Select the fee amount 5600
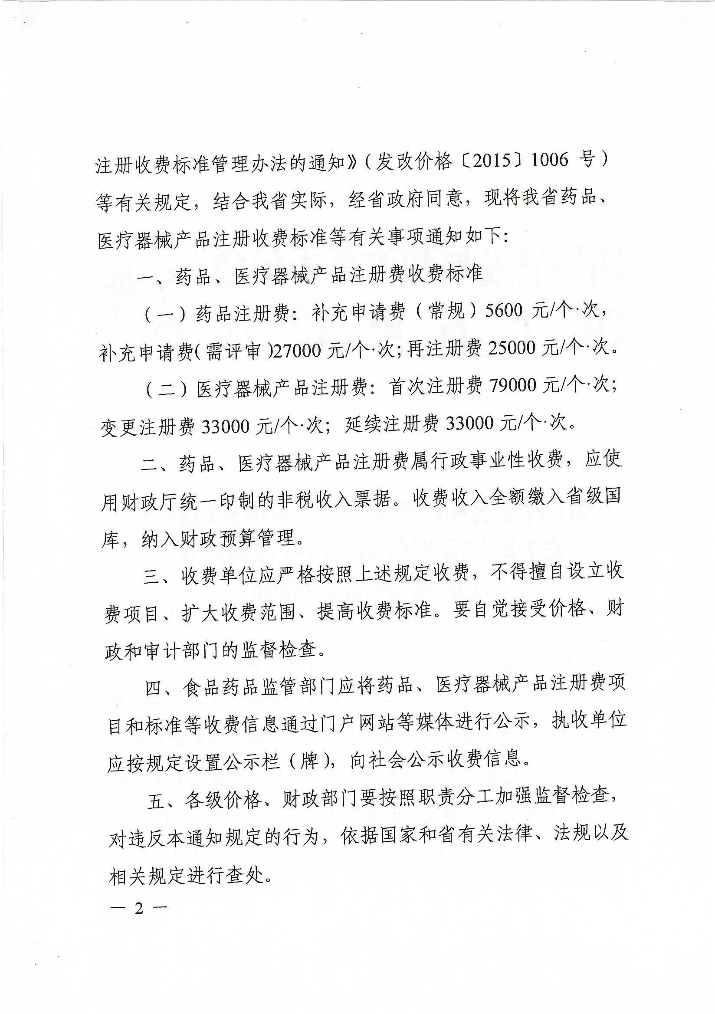coord(505,312)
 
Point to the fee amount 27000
coord(299,351)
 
